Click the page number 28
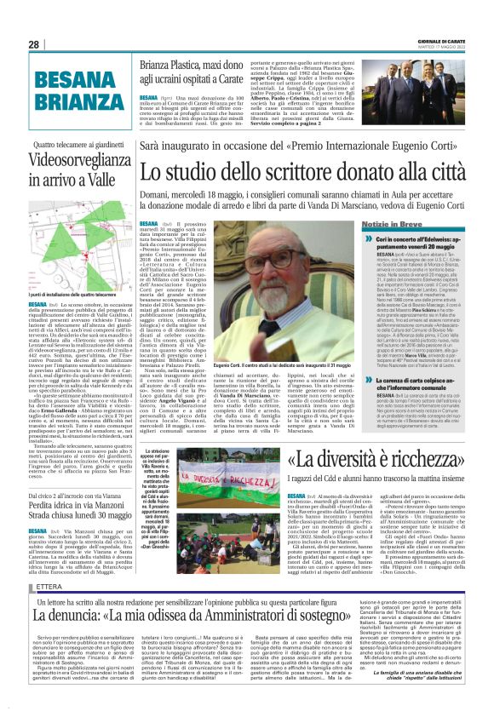pos(34,44)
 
